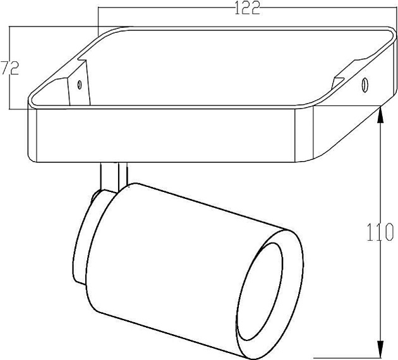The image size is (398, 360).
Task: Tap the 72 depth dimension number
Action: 9,68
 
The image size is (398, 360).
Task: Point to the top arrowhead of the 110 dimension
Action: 380,113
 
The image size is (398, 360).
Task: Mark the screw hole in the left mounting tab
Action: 79,85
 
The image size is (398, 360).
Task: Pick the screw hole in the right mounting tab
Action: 365,83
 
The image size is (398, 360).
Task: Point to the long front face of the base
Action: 164,136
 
